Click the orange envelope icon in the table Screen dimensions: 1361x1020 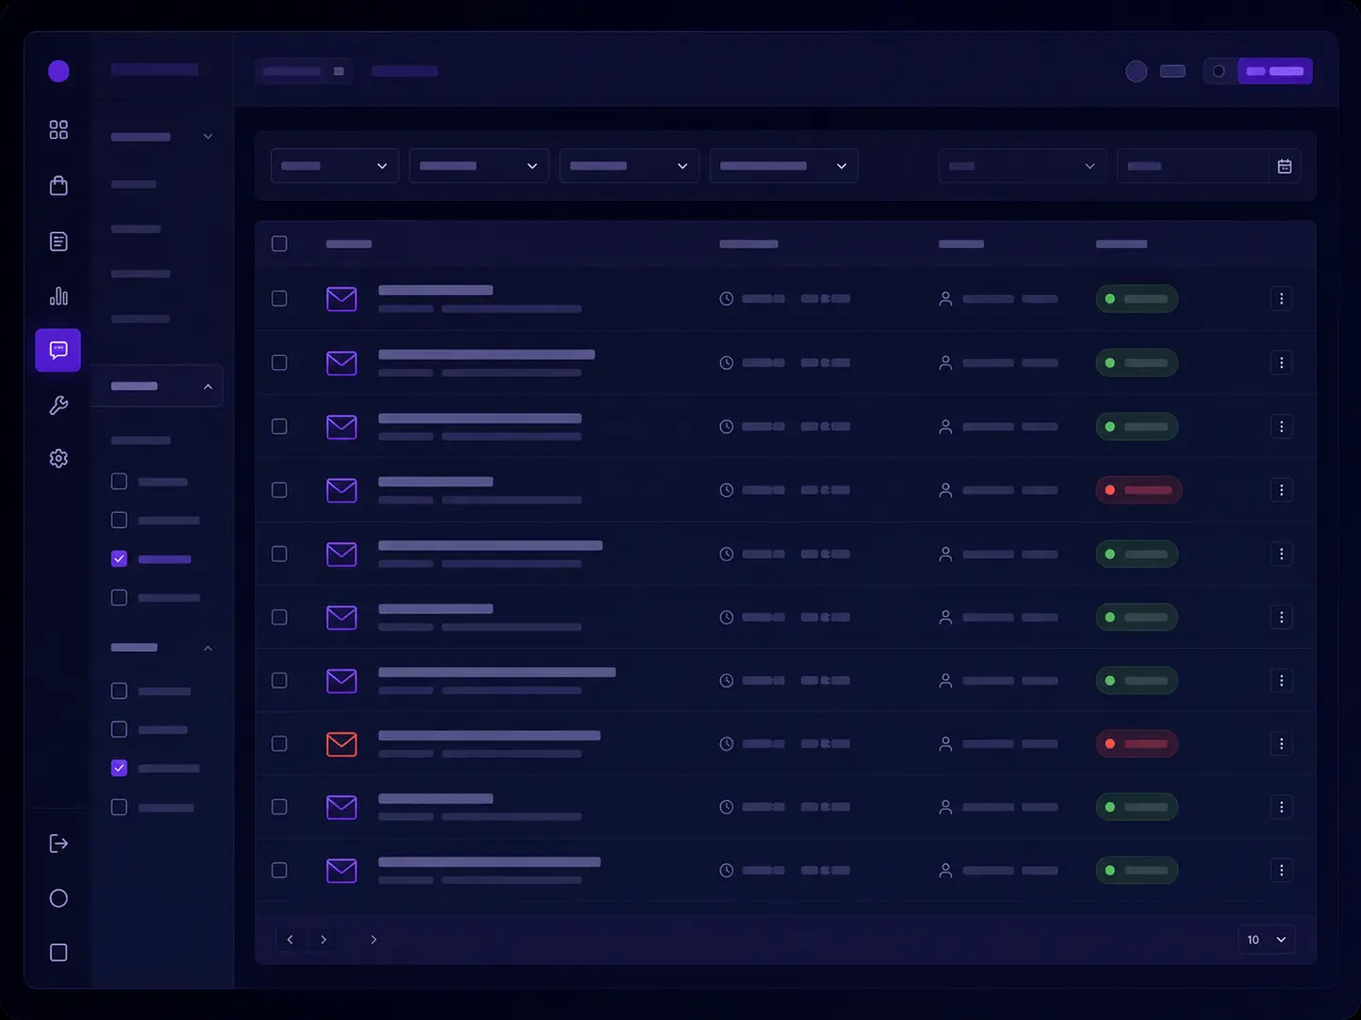341,744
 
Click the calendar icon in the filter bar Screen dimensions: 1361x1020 1284,166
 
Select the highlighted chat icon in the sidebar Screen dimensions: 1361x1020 58,350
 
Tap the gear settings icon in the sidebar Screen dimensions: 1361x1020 58,458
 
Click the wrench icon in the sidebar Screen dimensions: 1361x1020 58,405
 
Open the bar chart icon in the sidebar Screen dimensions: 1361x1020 58,296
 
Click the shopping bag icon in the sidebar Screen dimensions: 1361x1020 58,185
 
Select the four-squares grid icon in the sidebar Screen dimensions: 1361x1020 58,130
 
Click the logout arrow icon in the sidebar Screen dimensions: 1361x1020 58,843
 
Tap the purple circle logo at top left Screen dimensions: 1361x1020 59,71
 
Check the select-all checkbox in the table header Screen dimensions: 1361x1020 279,243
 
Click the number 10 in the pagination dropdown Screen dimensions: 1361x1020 1253,939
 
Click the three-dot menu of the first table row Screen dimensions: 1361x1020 1281,299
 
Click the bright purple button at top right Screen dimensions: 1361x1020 1275,71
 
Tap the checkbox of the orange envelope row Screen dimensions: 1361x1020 279,744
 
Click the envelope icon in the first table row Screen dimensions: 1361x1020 341,299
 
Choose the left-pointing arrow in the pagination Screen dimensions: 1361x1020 290,939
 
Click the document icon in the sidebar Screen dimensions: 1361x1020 58,240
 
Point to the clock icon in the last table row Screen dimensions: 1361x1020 726,870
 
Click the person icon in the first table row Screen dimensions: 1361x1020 946,299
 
